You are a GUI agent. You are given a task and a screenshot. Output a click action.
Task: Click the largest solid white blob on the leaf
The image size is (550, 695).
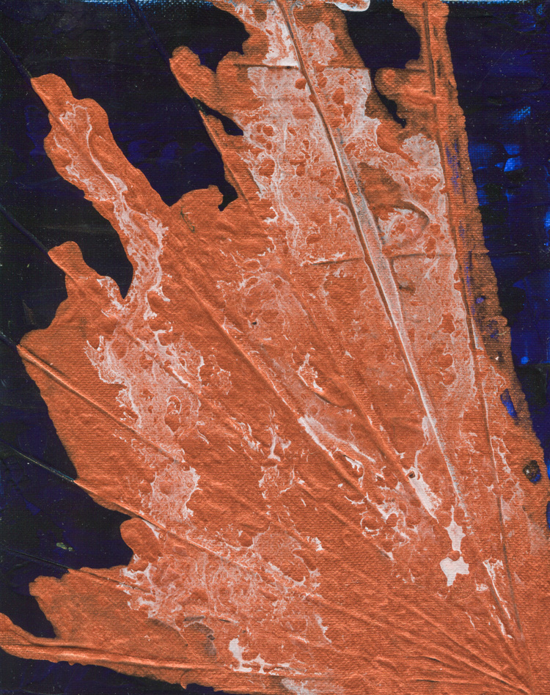click(x=454, y=565)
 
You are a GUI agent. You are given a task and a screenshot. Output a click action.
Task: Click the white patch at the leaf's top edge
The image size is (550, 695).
click(x=345, y=5)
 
